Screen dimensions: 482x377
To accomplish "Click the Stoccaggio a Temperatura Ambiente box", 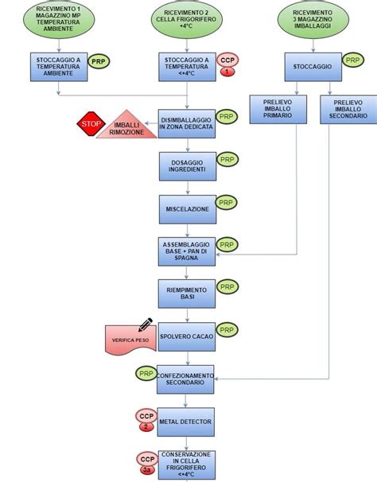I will pyautogui.click(x=57, y=67).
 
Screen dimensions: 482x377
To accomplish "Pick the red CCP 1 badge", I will pyautogui.click(x=227, y=66).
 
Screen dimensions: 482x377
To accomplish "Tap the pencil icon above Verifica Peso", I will pyautogui.click(x=146, y=325).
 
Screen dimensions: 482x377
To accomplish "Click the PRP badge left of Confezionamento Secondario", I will pyautogui.click(x=146, y=374).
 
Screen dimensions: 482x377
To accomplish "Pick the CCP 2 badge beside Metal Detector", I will pyautogui.click(x=146, y=419).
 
